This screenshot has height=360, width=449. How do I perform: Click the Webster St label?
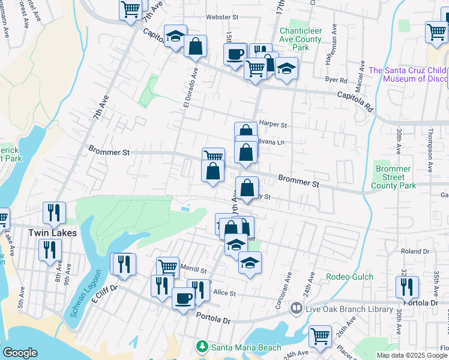coord(223,17)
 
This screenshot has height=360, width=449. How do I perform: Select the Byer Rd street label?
coord(336,80)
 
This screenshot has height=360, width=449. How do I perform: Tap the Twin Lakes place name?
coord(53,232)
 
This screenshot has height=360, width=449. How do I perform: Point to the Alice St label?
coord(224,293)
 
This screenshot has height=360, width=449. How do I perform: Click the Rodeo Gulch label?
coord(349,277)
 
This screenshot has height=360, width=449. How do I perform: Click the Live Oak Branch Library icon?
coord(295,308)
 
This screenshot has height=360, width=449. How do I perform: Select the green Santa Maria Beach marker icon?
coord(202,347)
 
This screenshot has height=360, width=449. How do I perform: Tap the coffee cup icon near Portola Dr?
coord(183,298)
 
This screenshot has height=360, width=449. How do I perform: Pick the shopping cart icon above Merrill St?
coord(168,266)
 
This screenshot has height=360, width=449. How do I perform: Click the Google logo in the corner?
coord(19,353)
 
